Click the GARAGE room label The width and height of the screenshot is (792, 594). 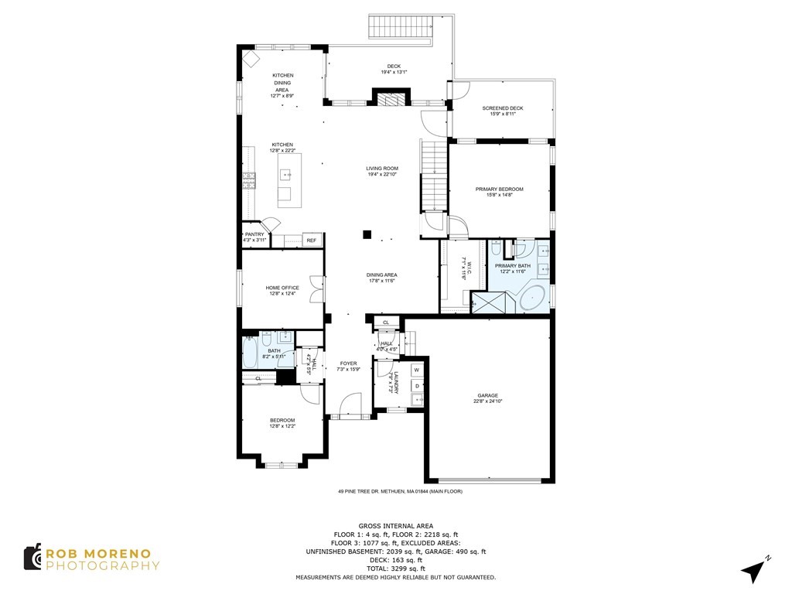point(487,395)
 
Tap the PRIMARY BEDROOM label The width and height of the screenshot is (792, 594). point(499,189)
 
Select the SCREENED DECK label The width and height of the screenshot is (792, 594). point(502,108)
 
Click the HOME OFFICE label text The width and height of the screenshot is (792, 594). point(282,288)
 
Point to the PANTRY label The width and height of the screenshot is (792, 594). point(254,234)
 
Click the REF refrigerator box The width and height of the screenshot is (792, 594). point(312,241)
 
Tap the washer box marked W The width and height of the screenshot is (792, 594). point(416,370)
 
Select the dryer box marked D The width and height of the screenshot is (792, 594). point(417,385)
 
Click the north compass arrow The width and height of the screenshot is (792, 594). point(754,570)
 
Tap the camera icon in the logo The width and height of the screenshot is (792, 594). point(33,558)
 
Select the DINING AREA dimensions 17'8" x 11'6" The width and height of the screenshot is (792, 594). point(382,281)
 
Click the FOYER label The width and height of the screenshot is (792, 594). point(348,363)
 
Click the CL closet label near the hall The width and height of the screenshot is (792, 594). point(386,322)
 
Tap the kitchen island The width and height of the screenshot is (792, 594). point(289,180)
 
